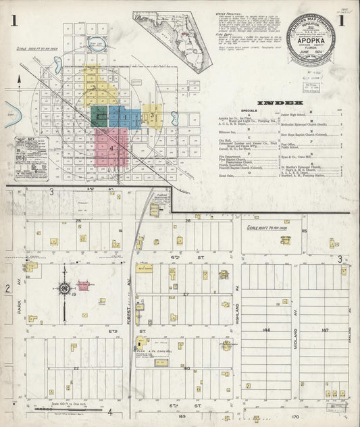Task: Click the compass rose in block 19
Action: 64,288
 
